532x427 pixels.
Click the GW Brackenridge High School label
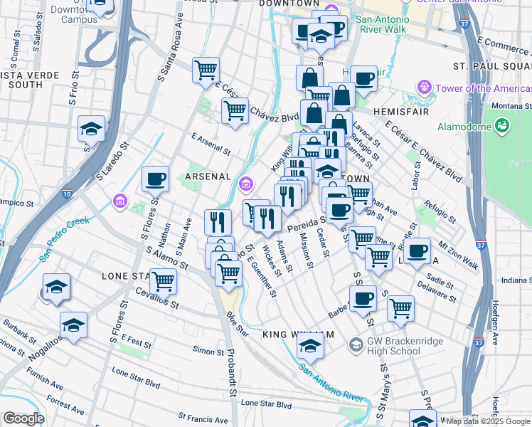pyautogui.click(x=403, y=346)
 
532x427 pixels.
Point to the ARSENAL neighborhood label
pyautogui.click(x=208, y=176)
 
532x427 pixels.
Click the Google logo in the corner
pyautogui.click(x=23, y=418)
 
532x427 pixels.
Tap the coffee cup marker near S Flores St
pyautogui.click(x=155, y=180)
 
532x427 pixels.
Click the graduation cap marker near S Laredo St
pyautogui.click(x=91, y=129)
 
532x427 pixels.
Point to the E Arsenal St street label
pyautogui.click(x=211, y=144)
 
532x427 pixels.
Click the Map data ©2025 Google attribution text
pyautogui.click(x=488, y=421)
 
